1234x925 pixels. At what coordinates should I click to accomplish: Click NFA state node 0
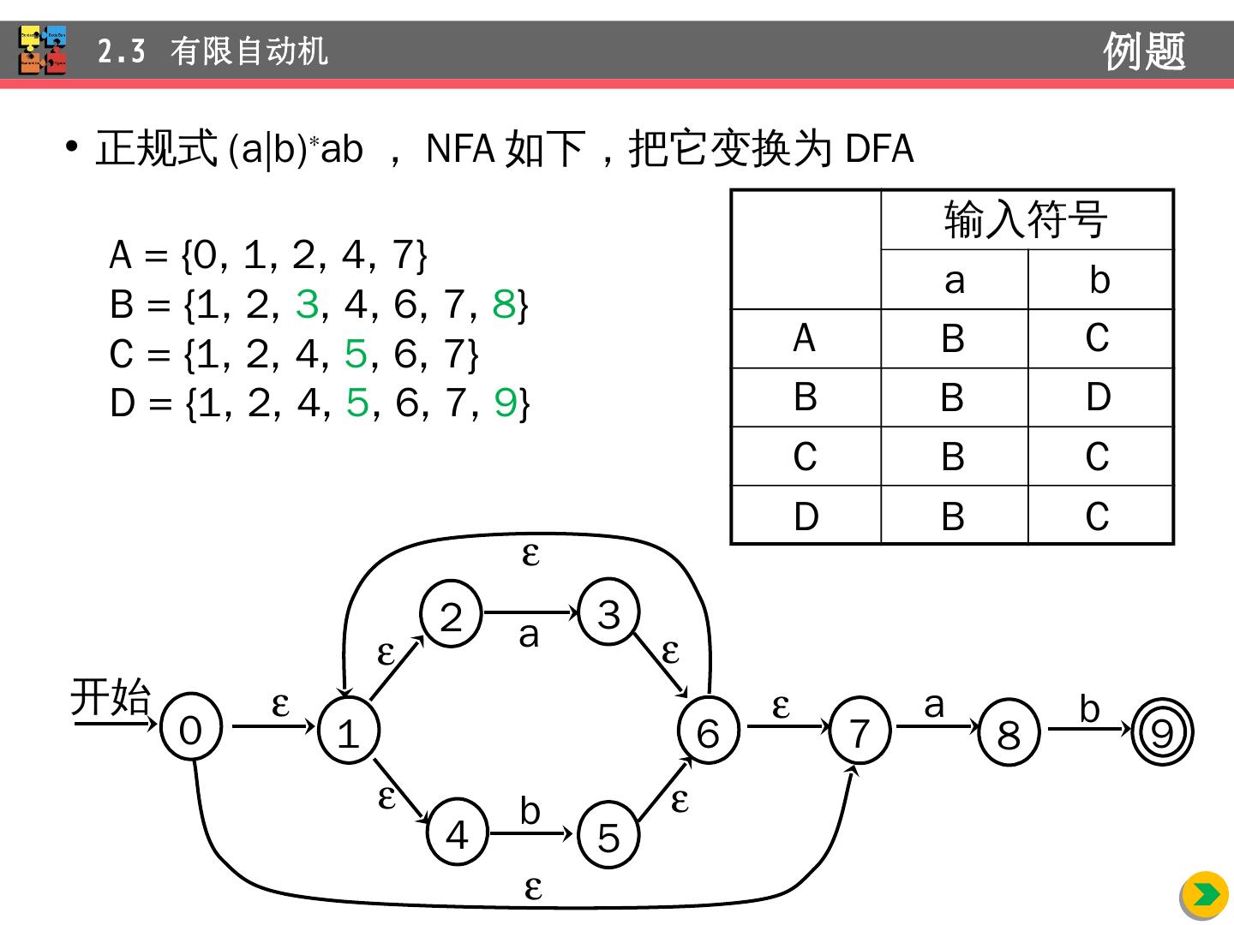pos(190,729)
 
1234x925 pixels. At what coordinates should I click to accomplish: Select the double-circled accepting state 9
pos(1162,733)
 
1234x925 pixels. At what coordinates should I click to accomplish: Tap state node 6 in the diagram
pos(708,732)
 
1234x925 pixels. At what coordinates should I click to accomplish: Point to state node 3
pos(608,612)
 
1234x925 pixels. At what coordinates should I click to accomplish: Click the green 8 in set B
pos(504,304)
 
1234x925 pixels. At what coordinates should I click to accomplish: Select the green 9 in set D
pos(506,403)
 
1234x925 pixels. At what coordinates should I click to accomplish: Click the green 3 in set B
pos(307,304)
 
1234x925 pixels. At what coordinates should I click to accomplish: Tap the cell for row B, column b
pos(1099,397)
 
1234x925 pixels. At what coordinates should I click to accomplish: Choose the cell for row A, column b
pos(1099,338)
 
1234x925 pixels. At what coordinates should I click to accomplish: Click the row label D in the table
pos(806,516)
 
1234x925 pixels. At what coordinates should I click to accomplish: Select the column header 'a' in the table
pos(954,280)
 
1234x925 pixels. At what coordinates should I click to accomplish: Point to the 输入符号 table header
pos(1026,220)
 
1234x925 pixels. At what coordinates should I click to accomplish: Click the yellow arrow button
pos(1205,895)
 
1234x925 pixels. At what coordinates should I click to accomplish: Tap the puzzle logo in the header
pos(43,51)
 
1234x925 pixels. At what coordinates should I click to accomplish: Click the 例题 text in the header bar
pos(1144,51)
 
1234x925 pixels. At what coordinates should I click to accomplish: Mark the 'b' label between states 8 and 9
pos(1089,708)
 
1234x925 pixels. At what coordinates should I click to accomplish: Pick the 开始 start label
pos(110,696)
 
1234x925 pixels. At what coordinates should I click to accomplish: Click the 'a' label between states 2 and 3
pos(529,635)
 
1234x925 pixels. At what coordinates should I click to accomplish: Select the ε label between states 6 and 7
pos(780,706)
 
